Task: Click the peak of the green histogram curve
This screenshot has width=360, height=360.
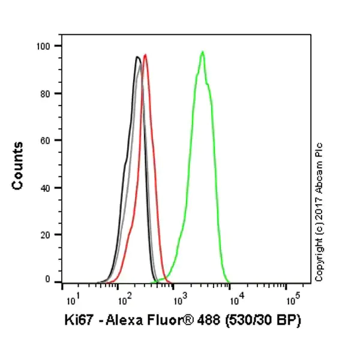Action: tap(203, 52)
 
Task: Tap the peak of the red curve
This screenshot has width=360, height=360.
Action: tap(145, 55)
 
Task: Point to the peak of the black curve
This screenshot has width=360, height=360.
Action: tap(137, 57)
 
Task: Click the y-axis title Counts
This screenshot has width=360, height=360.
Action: tap(18, 166)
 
